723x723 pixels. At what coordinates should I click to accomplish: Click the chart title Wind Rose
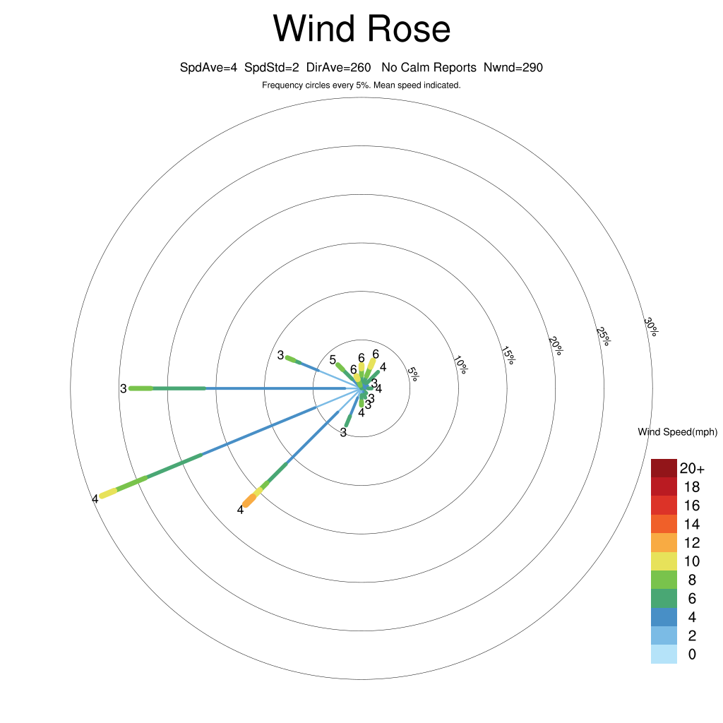click(x=361, y=28)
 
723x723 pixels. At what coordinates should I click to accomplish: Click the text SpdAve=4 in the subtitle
click(x=208, y=68)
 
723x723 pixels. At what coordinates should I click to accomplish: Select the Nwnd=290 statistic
click(x=513, y=68)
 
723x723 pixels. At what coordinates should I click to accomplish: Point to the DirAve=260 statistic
click(x=338, y=68)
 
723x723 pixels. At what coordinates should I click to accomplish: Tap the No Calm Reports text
click(x=429, y=68)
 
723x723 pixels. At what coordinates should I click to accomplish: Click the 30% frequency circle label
click(x=651, y=326)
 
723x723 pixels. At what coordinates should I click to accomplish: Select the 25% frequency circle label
click(x=603, y=336)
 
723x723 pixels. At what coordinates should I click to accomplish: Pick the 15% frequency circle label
click(x=508, y=355)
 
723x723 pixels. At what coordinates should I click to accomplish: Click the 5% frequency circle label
click(x=413, y=374)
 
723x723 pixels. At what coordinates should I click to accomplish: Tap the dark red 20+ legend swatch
click(x=664, y=468)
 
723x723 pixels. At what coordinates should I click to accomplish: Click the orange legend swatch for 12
click(x=664, y=543)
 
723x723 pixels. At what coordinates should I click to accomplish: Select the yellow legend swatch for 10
click(x=664, y=561)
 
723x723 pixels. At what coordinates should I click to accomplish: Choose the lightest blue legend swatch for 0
click(x=664, y=655)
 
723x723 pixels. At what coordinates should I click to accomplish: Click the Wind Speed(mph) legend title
click(x=678, y=432)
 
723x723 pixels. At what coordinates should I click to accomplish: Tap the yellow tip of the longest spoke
click(x=109, y=493)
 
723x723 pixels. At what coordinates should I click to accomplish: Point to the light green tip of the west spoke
click(x=141, y=389)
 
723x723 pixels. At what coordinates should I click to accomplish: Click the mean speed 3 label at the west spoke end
click(x=123, y=389)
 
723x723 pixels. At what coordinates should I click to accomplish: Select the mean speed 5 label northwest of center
click(x=333, y=360)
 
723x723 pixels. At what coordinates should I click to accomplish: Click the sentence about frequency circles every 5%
click(x=361, y=85)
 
